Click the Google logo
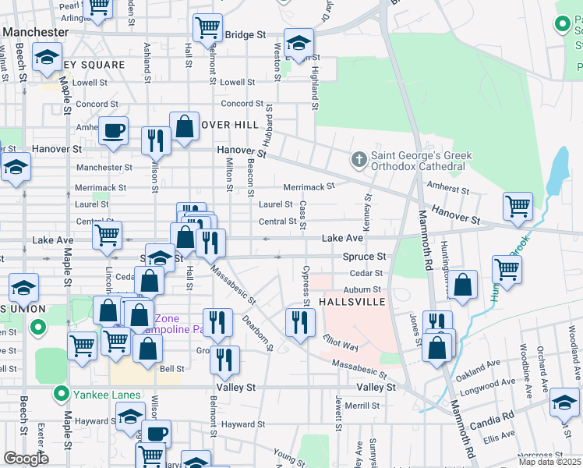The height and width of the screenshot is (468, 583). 26,459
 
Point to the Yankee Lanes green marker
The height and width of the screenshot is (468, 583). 59,394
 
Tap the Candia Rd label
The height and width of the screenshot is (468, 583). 492,420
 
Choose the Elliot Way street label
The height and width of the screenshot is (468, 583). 341,344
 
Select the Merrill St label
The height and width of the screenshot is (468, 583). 362,406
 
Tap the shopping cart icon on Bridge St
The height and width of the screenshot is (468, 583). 207,29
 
